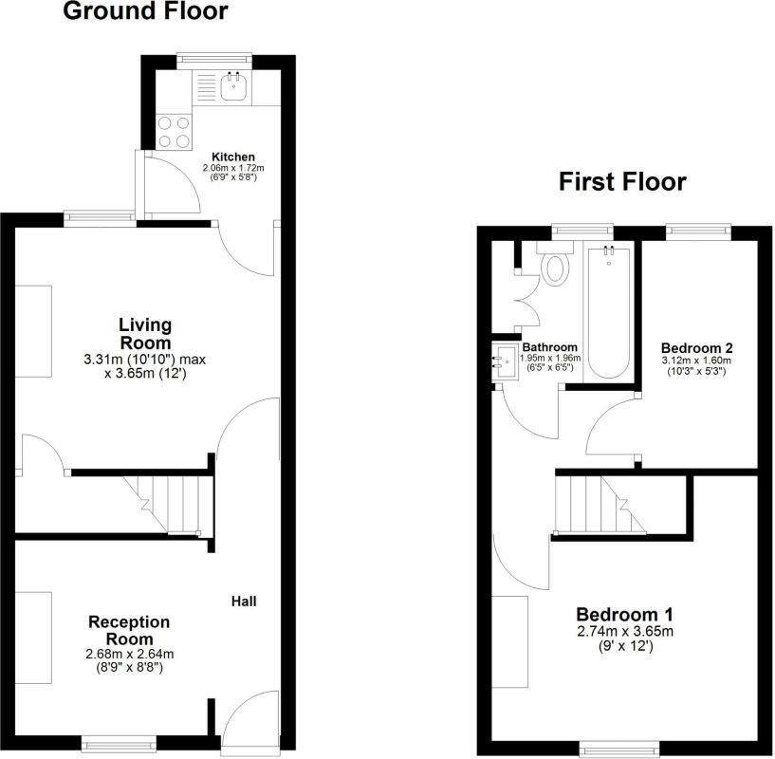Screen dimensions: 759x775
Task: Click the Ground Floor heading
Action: tap(145, 12)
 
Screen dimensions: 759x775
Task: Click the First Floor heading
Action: tap(621, 181)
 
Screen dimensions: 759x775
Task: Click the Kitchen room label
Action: tap(232, 157)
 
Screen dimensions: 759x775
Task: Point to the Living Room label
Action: tap(145, 333)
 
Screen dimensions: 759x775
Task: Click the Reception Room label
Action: tap(129, 630)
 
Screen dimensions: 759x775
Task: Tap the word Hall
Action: tap(244, 602)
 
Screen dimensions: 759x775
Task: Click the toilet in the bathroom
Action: tap(555, 266)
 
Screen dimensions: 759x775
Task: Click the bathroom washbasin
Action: tap(505, 362)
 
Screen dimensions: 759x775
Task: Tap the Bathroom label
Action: tap(551, 347)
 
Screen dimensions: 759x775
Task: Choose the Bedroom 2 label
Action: tap(697, 348)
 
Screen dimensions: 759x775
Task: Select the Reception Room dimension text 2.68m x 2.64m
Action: tap(129, 653)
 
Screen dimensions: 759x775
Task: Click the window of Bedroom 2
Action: tap(697, 229)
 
